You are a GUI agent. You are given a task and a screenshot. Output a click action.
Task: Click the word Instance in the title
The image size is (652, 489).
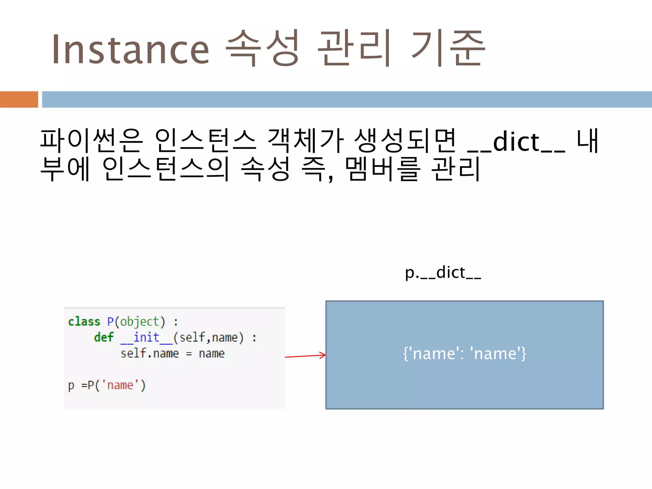(131, 49)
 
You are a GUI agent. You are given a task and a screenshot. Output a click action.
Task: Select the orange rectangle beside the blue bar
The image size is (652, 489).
(19, 99)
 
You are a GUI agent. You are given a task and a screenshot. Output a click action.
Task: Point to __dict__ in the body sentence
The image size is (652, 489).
(516, 142)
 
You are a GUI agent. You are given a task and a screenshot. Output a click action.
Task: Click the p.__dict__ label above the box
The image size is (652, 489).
(443, 273)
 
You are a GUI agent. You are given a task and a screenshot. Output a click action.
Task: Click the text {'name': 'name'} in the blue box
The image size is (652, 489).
(464, 353)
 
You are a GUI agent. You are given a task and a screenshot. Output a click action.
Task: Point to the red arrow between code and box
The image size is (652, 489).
(305, 356)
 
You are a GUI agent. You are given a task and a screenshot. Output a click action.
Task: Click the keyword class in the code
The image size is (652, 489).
(84, 322)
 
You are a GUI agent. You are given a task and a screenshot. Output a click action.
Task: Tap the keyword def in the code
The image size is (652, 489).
(104, 337)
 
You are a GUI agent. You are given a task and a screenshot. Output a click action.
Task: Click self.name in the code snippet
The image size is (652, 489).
(150, 353)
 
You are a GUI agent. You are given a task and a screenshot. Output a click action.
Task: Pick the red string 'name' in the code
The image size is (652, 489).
(120, 385)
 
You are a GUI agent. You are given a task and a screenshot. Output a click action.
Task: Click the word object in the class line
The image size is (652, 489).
(139, 322)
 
